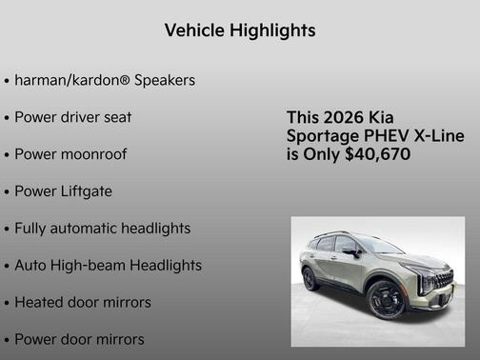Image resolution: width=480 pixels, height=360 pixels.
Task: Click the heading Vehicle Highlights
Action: click(240, 30)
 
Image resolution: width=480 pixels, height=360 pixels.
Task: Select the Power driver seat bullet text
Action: click(72, 117)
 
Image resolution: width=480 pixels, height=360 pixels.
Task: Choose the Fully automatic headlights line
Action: click(102, 229)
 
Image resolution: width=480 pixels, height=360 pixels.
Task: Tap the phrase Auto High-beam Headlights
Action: click(108, 266)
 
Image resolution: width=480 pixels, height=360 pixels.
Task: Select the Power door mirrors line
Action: click(79, 339)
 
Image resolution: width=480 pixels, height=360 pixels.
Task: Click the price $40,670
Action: click(377, 153)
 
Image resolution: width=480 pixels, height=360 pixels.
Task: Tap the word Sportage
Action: click(322, 135)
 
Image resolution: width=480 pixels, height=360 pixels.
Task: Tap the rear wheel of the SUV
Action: click(310, 279)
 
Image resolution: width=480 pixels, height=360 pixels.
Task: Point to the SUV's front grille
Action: click(444, 280)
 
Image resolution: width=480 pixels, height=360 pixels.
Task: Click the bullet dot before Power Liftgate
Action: click(7, 191)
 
